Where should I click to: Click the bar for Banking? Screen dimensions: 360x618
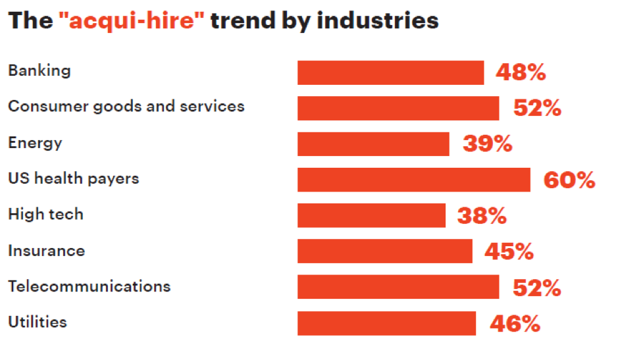(x=390, y=72)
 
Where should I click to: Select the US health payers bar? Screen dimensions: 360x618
(x=413, y=180)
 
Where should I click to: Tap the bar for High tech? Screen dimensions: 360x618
(x=371, y=215)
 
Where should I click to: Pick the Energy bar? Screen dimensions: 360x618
(x=373, y=144)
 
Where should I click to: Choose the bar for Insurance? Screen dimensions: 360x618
(x=384, y=251)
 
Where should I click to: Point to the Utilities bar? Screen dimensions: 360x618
(x=386, y=323)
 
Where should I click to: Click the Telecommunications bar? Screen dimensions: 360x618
(x=398, y=287)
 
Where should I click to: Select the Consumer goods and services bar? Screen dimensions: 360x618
(x=398, y=108)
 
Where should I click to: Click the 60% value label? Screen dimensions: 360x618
(x=569, y=180)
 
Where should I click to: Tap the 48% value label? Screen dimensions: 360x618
(x=521, y=72)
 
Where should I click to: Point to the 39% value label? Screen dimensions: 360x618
(x=487, y=144)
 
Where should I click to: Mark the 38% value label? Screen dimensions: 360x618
(x=482, y=215)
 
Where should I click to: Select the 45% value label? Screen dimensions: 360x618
(x=509, y=251)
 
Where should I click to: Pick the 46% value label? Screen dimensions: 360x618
(x=515, y=323)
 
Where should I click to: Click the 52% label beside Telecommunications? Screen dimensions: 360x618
(x=536, y=287)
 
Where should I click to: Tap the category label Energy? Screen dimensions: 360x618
(x=35, y=143)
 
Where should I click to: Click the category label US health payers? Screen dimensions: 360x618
(x=73, y=178)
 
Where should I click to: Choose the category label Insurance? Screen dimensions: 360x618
(x=46, y=251)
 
